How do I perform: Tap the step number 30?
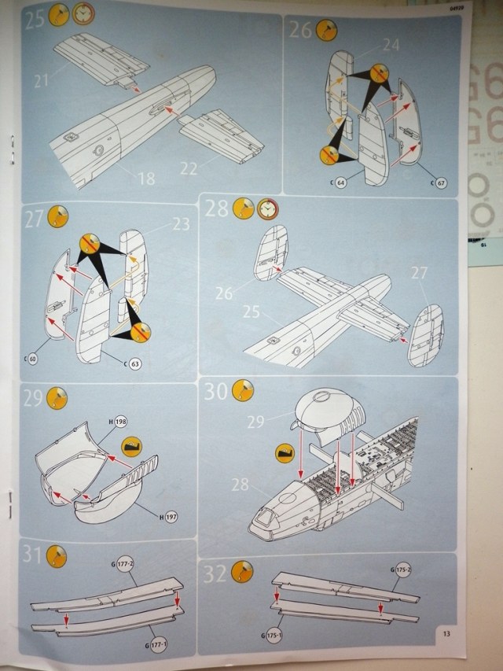pyautogui.click(x=217, y=391)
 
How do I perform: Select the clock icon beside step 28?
pyautogui.click(x=268, y=208)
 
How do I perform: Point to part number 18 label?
pyautogui.click(x=145, y=179)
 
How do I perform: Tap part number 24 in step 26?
pyautogui.click(x=391, y=45)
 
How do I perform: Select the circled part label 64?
pyautogui.click(x=340, y=183)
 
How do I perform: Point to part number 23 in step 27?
pyautogui.click(x=182, y=223)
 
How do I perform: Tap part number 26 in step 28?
pyautogui.click(x=225, y=294)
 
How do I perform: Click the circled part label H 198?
pyautogui.click(x=120, y=422)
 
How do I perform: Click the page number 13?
pyautogui.click(x=444, y=634)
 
